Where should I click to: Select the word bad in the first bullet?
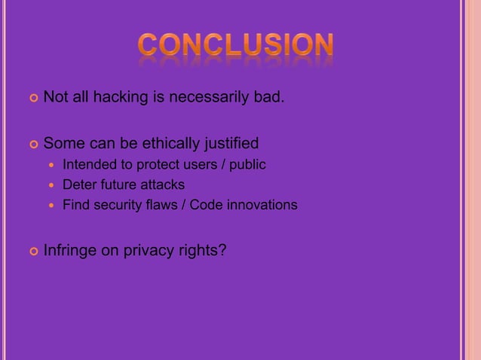coord(268,97)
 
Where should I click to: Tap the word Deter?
coord(78,185)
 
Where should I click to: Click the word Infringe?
coord(70,251)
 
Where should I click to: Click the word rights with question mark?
coord(204,251)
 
